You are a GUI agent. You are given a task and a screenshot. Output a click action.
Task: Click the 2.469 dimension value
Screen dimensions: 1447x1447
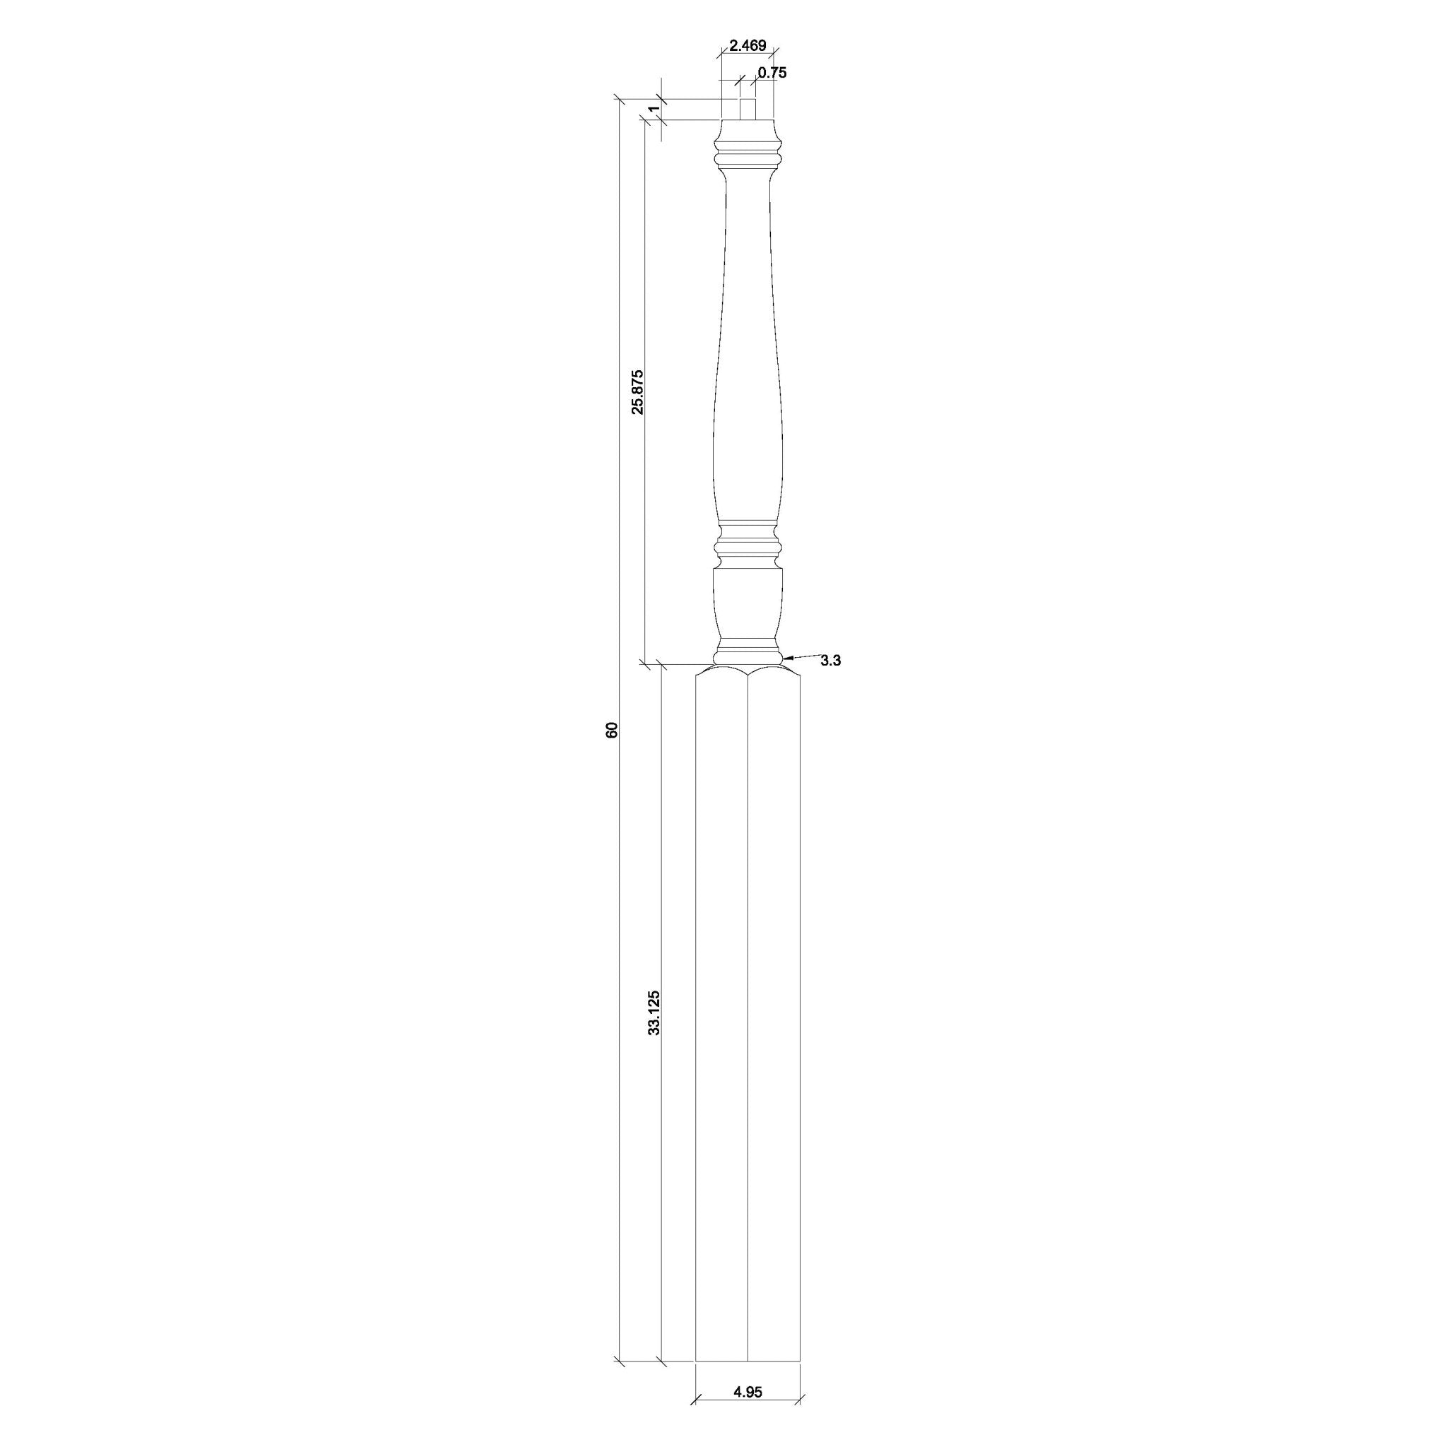pos(748,46)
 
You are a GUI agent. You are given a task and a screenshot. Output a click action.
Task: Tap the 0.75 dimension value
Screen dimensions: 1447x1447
pos(772,73)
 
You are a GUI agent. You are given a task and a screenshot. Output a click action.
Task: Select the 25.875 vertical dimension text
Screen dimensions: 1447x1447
pos(637,391)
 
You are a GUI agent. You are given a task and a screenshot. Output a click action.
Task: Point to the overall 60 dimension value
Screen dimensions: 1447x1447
pos(612,731)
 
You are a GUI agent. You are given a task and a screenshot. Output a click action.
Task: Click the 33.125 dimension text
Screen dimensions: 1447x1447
pos(654,1012)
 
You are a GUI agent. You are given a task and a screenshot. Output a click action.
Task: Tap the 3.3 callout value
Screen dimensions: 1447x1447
pos(831,660)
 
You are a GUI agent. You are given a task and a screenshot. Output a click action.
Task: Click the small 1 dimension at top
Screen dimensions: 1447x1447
pos(654,110)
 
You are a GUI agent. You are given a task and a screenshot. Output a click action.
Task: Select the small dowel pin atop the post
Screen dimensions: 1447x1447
pos(748,110)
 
